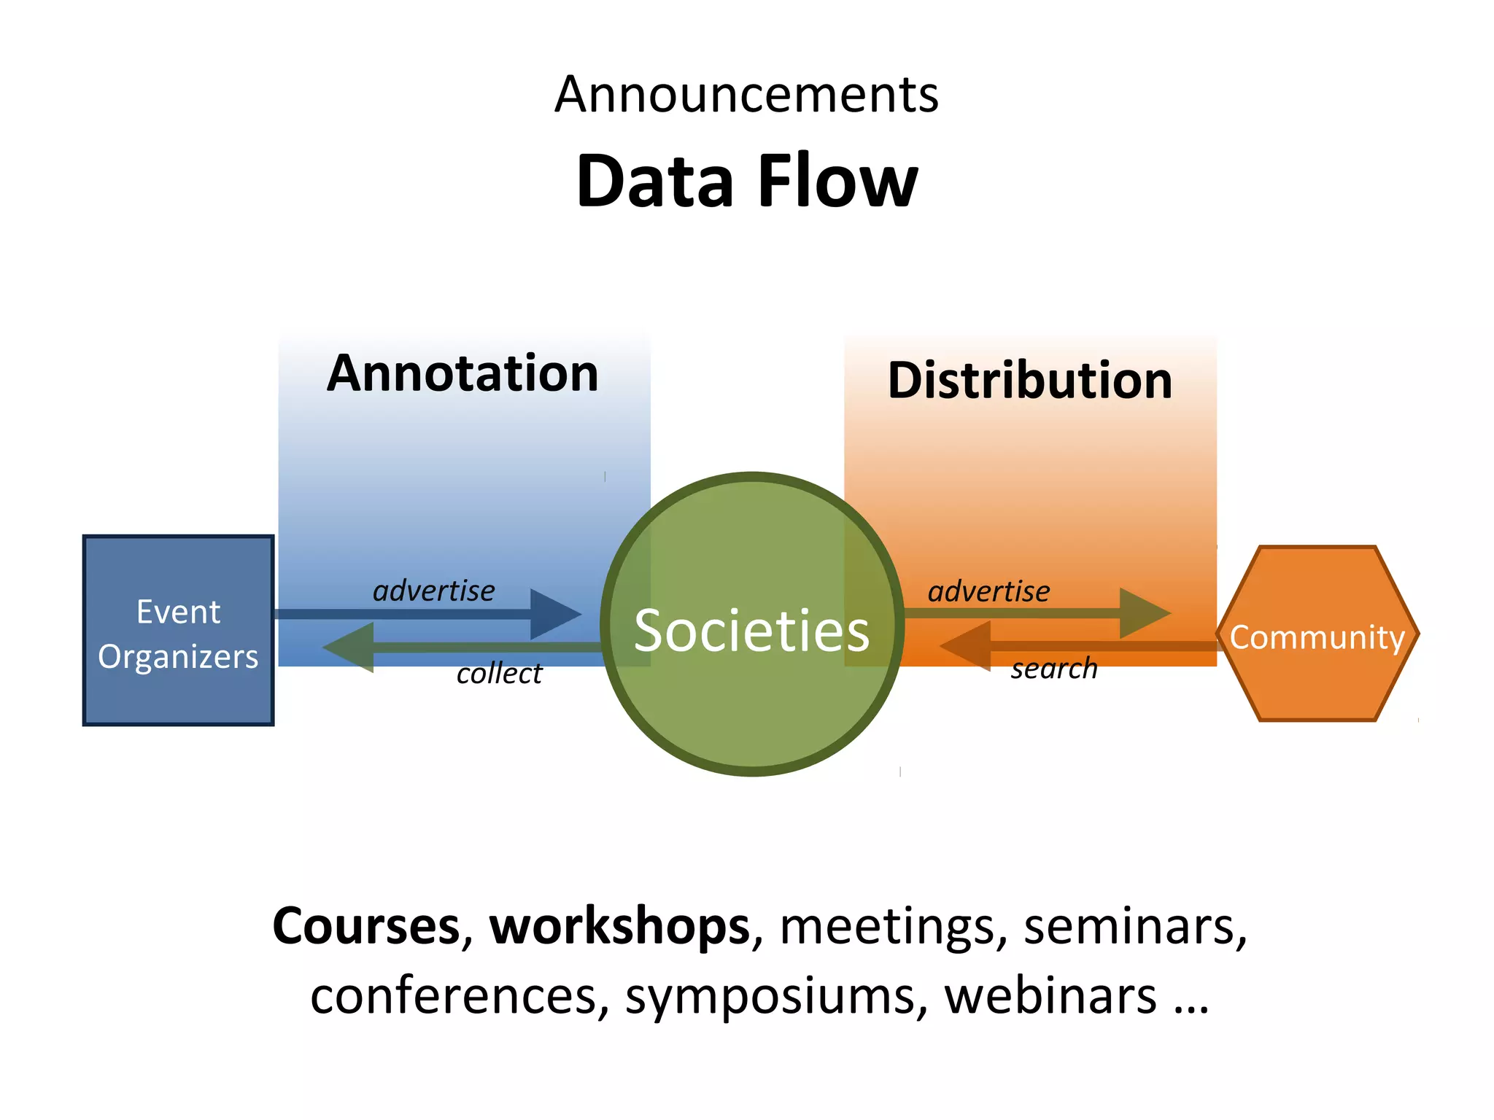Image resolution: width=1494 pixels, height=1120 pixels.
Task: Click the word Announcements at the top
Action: click(x=746, y=95)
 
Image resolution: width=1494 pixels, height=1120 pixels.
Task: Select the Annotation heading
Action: click(x=462, y=373)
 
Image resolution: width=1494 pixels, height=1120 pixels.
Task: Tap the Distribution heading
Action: click(x=1029, y=381)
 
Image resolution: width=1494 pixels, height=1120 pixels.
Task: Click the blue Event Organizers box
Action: click(x=178, y=631)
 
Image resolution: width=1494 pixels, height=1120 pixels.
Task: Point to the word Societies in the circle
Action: click(x=751, y=631)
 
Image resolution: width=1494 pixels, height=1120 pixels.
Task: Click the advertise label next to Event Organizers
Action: click(x=433, y=591)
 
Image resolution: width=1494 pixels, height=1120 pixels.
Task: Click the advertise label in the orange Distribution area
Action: click(x=988, y=591)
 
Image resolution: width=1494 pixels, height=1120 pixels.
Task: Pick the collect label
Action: click(x=499, y=674)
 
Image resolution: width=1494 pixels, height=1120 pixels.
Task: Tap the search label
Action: click(x=1053, y=669)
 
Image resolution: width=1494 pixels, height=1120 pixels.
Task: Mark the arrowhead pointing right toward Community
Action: click(x=1143, y=613)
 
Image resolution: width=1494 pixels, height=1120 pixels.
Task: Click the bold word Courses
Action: click(x=365, y=926)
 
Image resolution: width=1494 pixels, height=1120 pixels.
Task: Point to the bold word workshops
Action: click(x=619, y=926)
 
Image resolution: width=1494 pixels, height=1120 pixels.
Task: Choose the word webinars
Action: click(x=1050, y=996)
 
